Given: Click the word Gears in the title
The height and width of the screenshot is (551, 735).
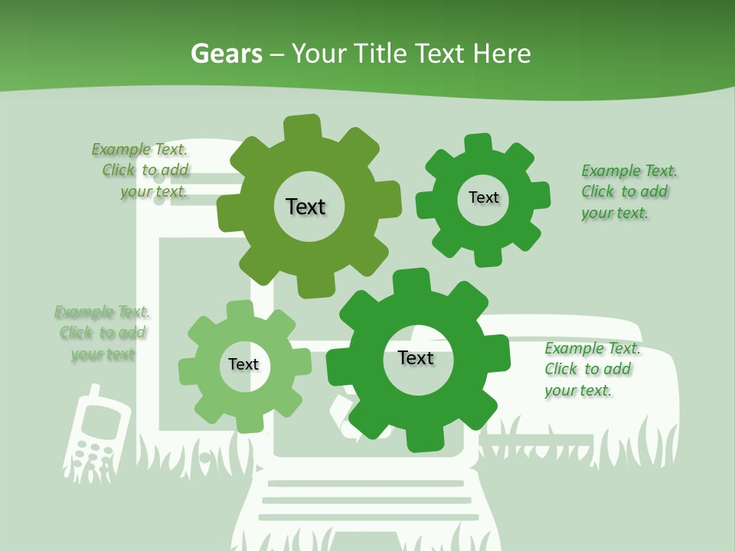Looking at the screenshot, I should tap(227, 54).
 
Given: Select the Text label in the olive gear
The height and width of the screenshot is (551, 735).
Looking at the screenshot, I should tap(306, 207).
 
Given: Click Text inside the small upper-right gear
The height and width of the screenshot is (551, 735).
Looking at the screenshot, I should tap(483, 197).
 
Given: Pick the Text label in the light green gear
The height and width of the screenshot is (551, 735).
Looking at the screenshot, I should tap(243, 364).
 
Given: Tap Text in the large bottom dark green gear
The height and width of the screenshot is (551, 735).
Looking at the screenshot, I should tap(416, 357).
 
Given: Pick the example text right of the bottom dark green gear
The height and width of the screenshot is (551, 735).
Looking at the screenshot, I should tap(591, 370).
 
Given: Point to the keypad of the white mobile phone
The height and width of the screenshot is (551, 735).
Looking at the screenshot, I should tap(90, 452).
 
